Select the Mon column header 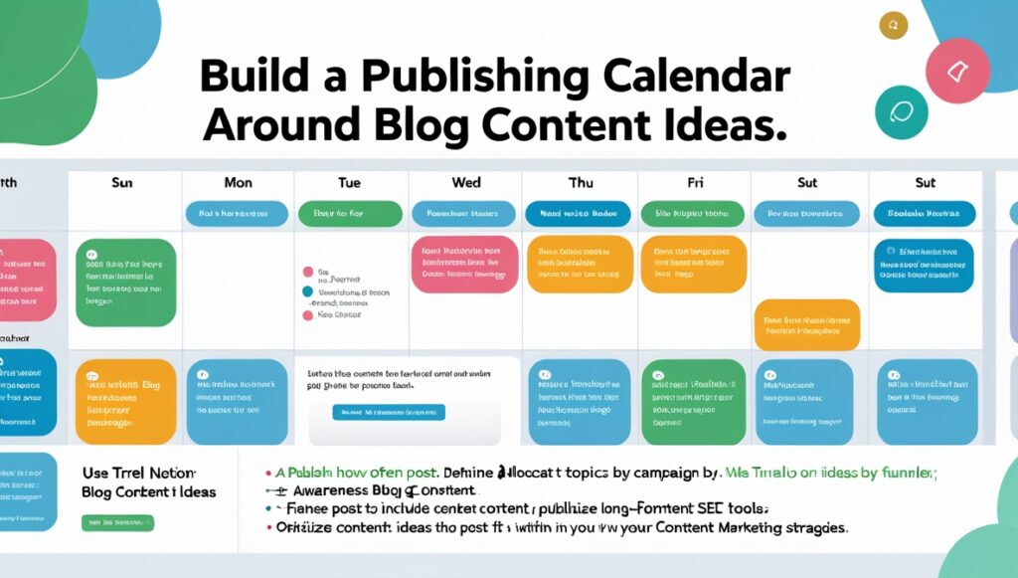pos(238,182)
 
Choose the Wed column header pos(465,182)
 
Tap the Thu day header pos(580,182)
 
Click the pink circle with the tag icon pos(957,71)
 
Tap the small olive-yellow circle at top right pos(892,26)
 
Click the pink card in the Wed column pos(463,264)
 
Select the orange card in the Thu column pos(580,264)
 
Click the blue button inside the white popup pos(389,412)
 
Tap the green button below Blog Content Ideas pos(118,522)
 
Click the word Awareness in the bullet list pos(334,491)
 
